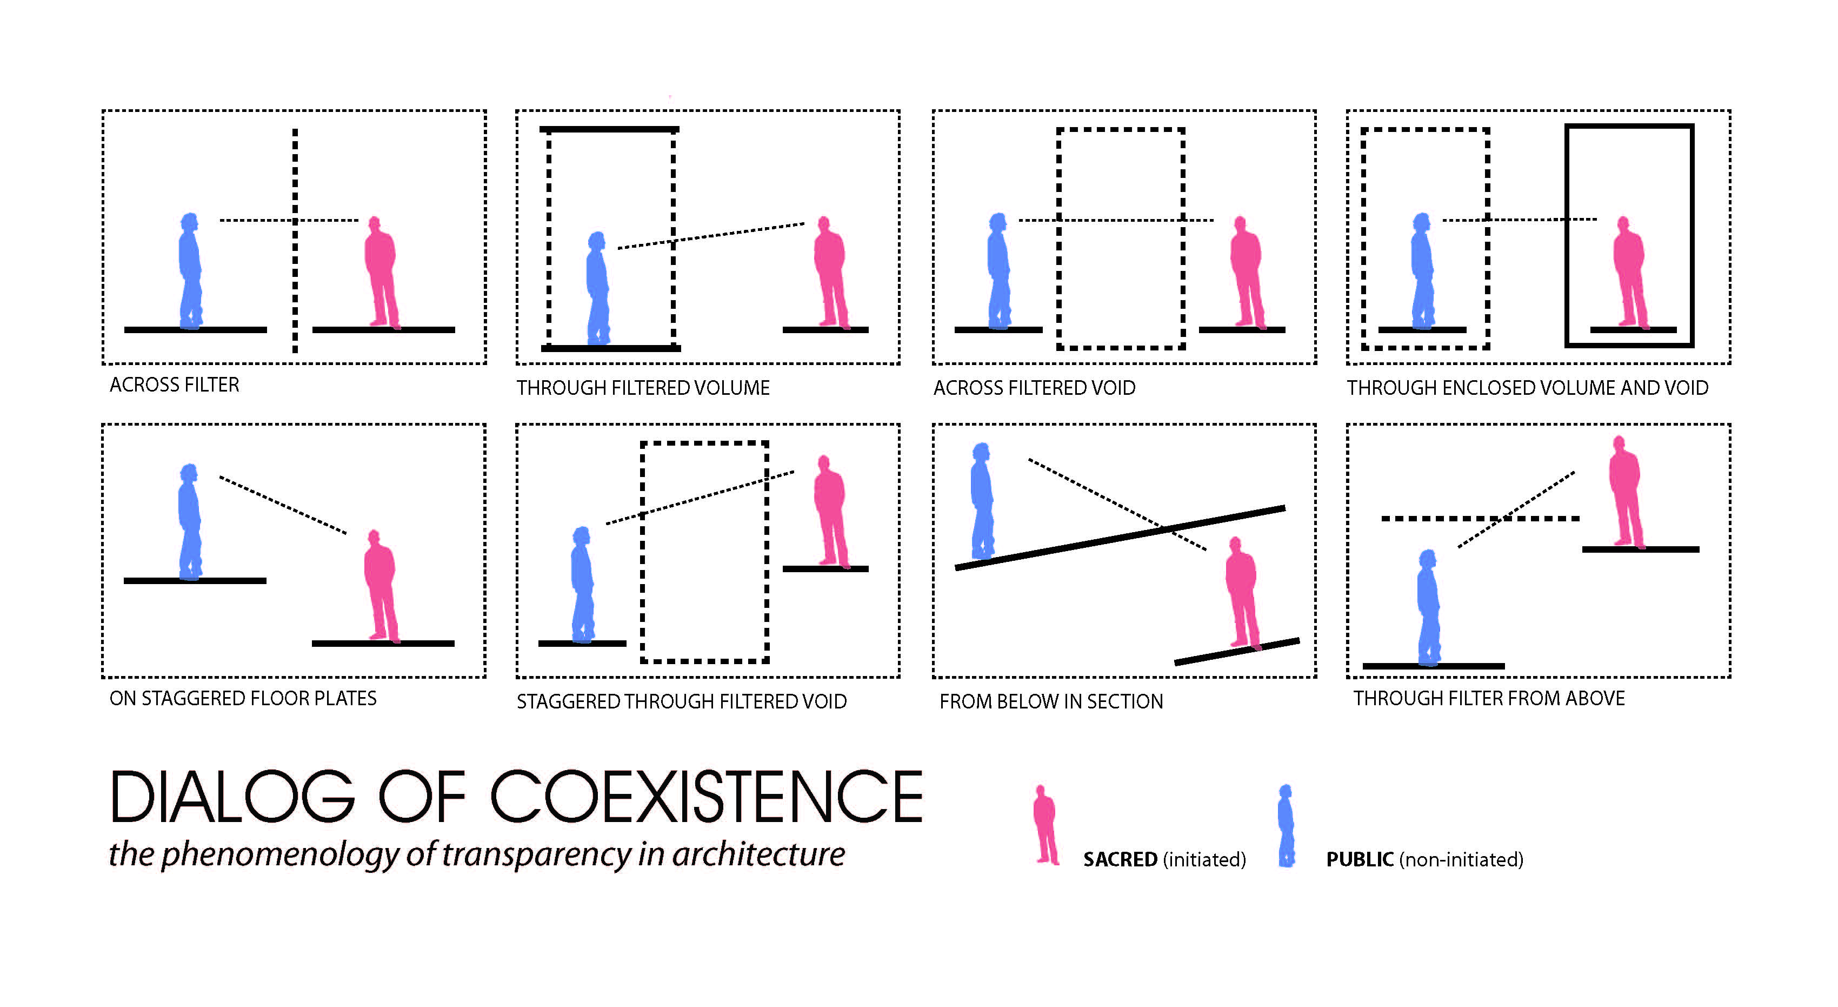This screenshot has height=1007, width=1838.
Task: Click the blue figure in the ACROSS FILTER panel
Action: [190, 271]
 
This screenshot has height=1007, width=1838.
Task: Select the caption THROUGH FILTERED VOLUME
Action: [643, 388]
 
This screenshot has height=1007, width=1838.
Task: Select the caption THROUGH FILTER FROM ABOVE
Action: [1489, 698]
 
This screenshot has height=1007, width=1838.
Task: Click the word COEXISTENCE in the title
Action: [707, 797]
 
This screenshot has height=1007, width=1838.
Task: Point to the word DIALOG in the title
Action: [232, 797]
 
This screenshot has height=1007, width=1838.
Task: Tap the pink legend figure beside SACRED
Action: [1045, 825]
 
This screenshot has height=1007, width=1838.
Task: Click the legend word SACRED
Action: [1120, 859]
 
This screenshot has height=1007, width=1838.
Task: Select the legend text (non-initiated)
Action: [1461, 859]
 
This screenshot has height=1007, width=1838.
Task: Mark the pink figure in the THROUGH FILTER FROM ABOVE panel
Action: [1626, 493]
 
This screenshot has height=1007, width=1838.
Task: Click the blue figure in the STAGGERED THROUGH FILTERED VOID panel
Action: [582, 585]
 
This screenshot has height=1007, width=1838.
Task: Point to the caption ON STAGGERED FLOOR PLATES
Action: [243, 698]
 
